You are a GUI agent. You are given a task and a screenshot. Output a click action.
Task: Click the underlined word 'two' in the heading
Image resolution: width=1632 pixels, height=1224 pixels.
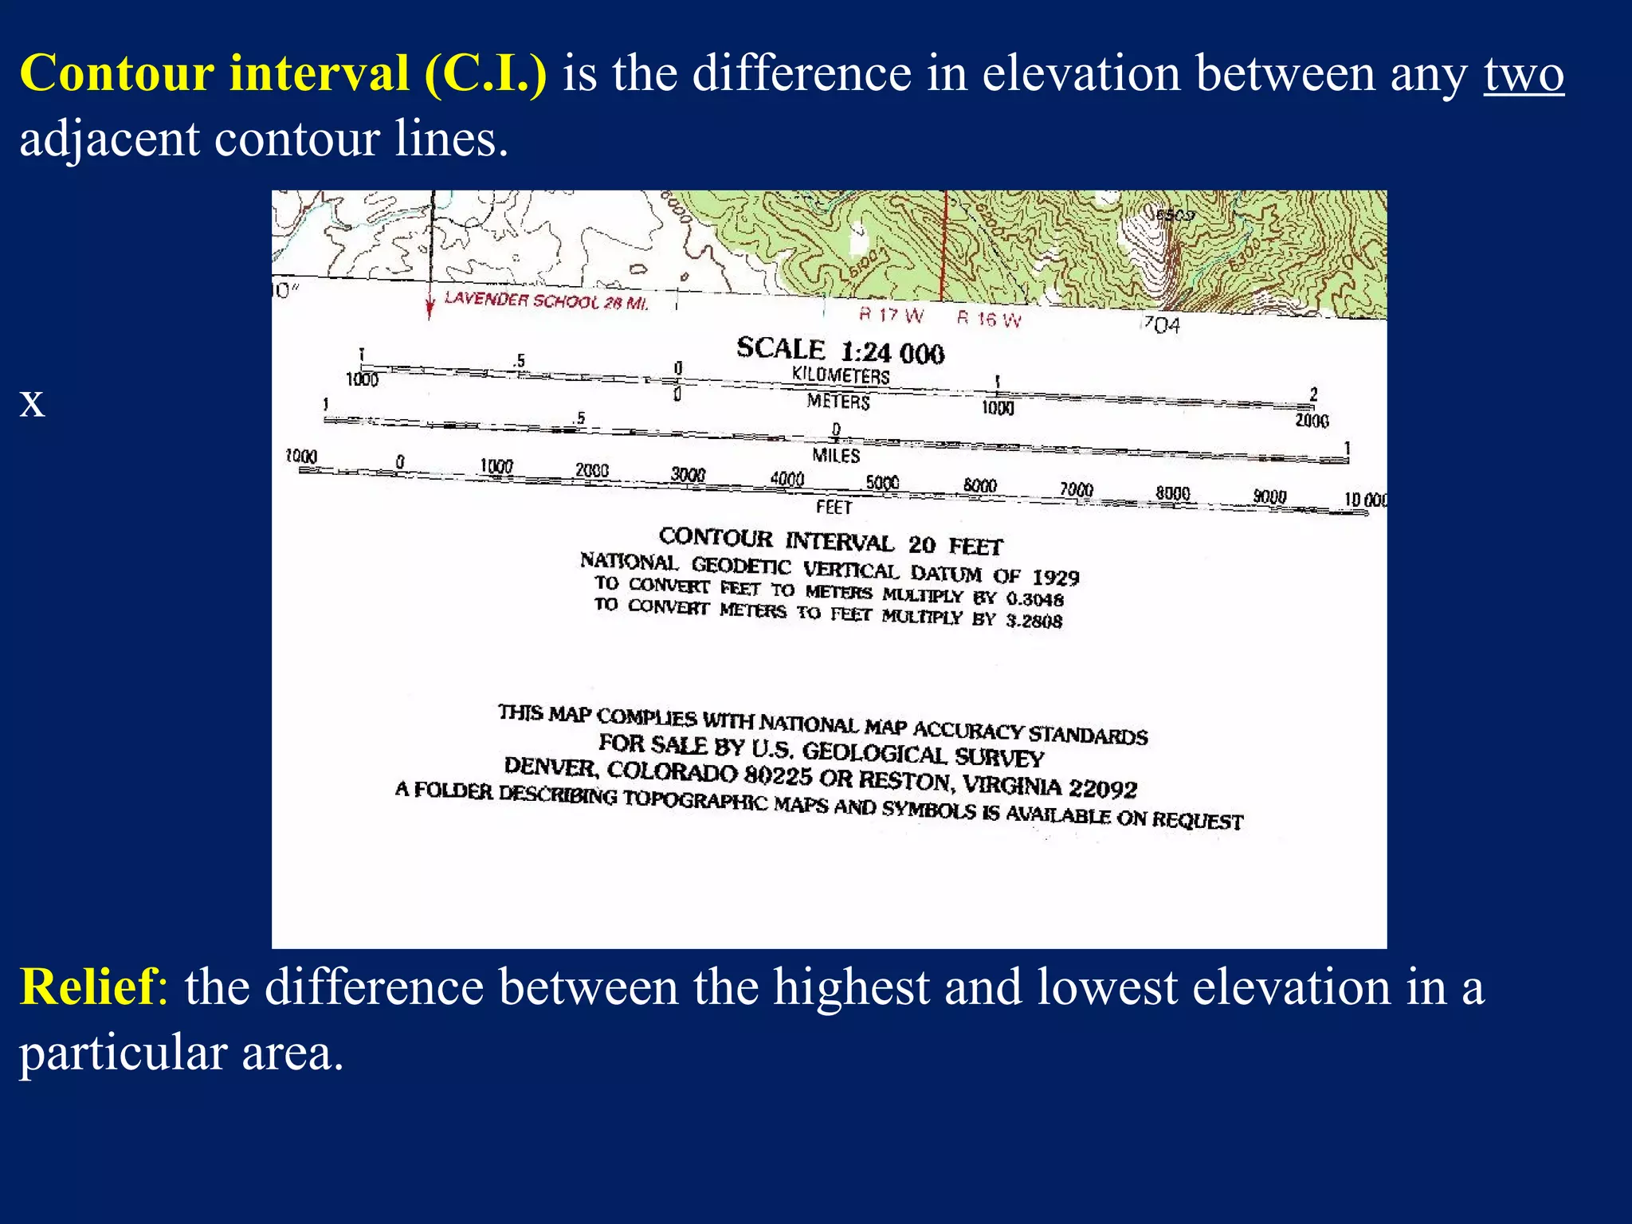(x=1523, y=74)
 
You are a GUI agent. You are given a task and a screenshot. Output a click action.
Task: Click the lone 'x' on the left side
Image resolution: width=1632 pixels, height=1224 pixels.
(x=32, y=403)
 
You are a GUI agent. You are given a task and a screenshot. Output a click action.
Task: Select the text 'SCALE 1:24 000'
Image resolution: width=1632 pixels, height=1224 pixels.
(x=840, y=351)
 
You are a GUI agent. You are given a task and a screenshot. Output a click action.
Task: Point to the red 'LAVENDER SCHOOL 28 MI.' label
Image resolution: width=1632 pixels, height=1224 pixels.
(x=546, y=301)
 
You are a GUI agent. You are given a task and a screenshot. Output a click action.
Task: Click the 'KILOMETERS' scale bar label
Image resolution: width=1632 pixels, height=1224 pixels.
(x=840, y=375)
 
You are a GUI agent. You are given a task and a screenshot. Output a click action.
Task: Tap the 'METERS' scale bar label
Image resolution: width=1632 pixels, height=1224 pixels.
(x=838, y=401)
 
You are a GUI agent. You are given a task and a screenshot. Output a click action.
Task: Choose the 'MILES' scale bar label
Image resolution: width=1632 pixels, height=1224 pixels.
(x=836, y=456)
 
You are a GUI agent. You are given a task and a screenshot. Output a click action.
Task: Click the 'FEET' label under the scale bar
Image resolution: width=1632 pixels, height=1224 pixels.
(x=834, y=507)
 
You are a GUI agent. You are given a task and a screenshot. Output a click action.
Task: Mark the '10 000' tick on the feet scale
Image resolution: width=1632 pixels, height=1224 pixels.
(x=1365, y=500)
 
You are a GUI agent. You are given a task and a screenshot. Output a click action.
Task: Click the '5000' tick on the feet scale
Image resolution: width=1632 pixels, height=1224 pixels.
(x=882, y=483)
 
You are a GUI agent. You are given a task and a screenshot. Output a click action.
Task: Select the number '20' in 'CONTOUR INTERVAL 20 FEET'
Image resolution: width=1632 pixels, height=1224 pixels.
(x=922, y=545)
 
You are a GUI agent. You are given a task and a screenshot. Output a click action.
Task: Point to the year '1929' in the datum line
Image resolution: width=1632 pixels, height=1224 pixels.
(x=1055, y=577)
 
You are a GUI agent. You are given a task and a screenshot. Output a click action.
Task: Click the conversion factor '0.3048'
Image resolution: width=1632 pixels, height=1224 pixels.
(x=1034, y=598)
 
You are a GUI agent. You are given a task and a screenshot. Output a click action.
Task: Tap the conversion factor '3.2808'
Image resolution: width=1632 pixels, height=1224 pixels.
(x=1034, y=620)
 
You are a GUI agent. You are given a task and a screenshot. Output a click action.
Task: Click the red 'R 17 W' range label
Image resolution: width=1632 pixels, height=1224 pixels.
(x=891, y=316)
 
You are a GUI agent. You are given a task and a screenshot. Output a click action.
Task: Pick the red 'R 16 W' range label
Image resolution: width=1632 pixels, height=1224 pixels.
(x=988, y=319)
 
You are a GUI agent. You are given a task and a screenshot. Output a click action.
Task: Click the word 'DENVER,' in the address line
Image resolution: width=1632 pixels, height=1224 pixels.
(x=550, y=767)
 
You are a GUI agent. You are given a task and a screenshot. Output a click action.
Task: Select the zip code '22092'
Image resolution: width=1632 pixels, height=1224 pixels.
(x=1102, y=788)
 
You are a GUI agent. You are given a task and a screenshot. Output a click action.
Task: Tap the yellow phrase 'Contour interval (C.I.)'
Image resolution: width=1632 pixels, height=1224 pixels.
(x=283, y=74)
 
